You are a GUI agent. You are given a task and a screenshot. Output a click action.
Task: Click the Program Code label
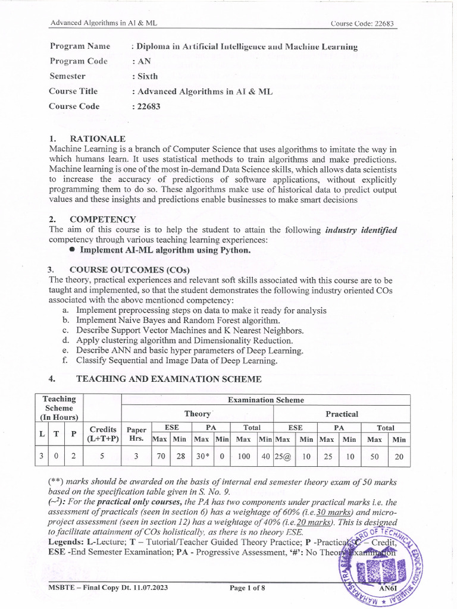(x=79, y=61)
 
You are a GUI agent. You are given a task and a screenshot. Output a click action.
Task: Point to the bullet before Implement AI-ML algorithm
(x=72, y=250)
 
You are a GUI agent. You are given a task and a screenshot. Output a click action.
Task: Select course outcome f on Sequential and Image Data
(x=176, y=360)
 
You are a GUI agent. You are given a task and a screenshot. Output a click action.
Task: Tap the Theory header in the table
(x=198, y=414)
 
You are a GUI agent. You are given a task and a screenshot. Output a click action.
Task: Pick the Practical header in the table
(x=342, y=414)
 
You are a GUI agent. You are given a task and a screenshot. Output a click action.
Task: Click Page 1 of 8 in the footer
(x=248, y=588)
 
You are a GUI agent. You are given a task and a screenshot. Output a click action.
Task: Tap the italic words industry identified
(x=361, y=230)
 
